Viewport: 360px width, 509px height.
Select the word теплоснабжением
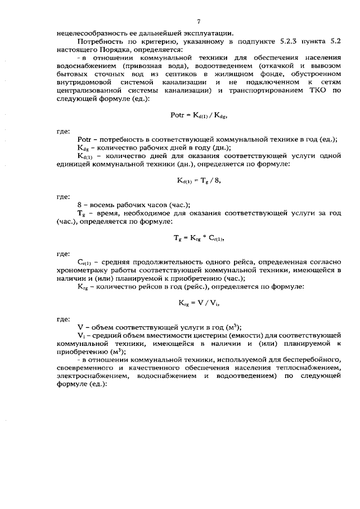point(311,368)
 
